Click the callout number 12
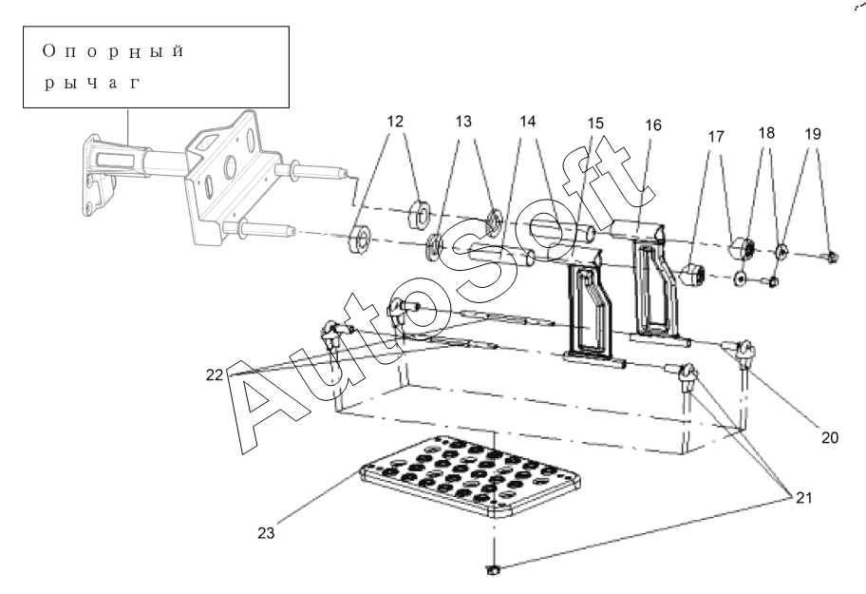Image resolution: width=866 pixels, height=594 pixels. [395, 121]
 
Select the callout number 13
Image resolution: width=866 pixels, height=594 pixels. [463, 121]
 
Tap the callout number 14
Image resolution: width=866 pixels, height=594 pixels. [527, 121]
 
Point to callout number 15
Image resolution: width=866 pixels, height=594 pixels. [595, 123]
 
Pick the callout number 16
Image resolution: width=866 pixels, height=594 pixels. [652, 125]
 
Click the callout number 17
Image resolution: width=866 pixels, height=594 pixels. [716, 136]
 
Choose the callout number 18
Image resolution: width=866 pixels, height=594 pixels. [766, 133]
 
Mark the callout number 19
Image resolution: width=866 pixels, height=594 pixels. [813, 134]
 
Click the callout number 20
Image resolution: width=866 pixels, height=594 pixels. [830, 437]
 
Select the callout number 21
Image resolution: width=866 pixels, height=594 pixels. [804, 498]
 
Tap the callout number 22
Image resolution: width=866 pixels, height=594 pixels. [215, 375]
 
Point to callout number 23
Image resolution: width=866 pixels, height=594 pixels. [266, 533]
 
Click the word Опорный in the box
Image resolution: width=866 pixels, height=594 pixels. [113, 51]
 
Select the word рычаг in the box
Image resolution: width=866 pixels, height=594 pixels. [92, 84]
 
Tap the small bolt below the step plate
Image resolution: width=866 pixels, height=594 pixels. [492, 569]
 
